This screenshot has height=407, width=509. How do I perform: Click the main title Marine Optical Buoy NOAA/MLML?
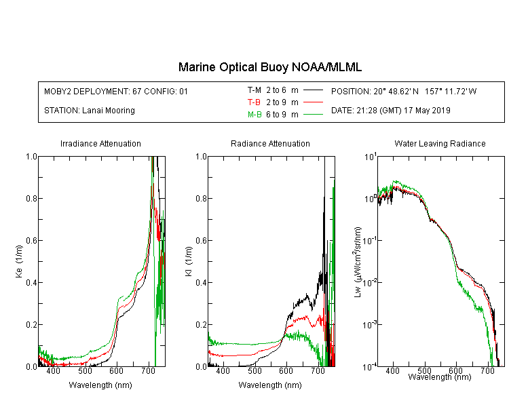pyautogui.click(x=269, y=67)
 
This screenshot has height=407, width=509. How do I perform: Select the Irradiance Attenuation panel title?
pyautogui.click(x=100, y=143)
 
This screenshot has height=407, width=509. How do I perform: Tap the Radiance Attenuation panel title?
pyautogui.click(x=270, y=143)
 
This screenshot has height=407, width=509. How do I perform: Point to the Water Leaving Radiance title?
pyautogui.click(x=440, y=143)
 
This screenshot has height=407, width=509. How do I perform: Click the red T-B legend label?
pyautogui.click(x=254, y=102)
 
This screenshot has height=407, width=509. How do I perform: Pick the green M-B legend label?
pyautogui.click(x=254, y=114)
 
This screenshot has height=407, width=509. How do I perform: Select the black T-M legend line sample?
pyautogui.click(x=314, y=90)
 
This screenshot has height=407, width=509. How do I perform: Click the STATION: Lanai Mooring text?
pyautogui.click(x=90, y=111)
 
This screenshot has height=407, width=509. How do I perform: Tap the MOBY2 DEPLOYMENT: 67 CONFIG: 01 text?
pyautogui.click(x=116, y=91)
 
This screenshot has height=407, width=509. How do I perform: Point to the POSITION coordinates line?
pyautogui.click(x=404, y=91)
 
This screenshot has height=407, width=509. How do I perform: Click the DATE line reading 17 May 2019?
pyautogui.click(x=391, y=111)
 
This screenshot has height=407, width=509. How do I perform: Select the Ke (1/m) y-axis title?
pyautogui.click(x=19, y=262)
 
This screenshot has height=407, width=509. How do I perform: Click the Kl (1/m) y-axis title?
pyautogui.click(x=189, y=262)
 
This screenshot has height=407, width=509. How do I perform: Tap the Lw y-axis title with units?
pyautogui.click(x=358, y=262)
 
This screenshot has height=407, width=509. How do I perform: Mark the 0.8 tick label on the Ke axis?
pyautogui.click(x=31, y=198)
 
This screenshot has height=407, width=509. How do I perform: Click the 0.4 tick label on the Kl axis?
pyautogui.click(x=201, y=283)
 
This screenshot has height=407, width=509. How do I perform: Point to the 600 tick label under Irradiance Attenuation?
pyautogui.click(x=116, y=370)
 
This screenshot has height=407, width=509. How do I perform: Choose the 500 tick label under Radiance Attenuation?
pyautogui.click(x=254, y=370)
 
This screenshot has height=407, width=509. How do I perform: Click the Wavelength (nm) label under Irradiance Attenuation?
pyautogui.click(x=100, y=385)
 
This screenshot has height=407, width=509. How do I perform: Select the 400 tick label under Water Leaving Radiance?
pyautogui.click(x=392, y=370)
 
